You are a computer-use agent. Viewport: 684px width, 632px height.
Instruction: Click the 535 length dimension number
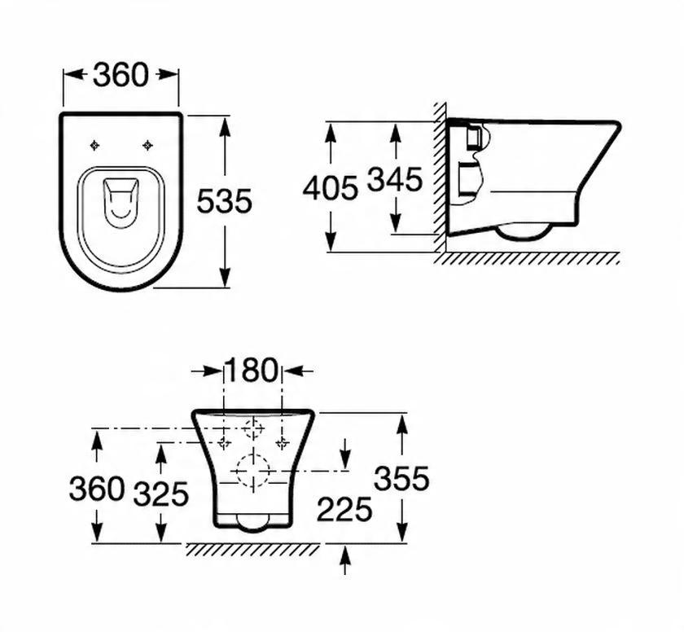225,200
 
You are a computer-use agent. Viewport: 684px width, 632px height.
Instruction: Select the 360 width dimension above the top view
121,75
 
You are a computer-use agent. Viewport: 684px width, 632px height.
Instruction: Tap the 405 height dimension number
330,188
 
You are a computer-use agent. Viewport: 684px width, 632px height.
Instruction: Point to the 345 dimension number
394,179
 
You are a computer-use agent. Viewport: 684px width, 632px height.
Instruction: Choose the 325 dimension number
161,494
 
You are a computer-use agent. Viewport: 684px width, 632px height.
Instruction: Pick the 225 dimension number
344,510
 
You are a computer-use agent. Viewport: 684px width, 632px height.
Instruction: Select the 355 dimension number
401,479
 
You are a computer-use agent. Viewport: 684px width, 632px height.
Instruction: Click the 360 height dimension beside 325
96,489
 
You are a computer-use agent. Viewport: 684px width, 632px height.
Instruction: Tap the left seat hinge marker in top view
95,146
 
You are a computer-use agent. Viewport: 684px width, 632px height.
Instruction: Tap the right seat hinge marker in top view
147,146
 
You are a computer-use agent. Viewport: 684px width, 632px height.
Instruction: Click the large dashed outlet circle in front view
253,470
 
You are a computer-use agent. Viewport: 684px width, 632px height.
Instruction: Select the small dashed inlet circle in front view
254,427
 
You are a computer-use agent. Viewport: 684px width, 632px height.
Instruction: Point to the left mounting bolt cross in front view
225,443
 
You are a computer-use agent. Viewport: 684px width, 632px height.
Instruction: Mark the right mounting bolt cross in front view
282,443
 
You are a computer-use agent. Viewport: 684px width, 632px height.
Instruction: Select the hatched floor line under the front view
252,550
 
